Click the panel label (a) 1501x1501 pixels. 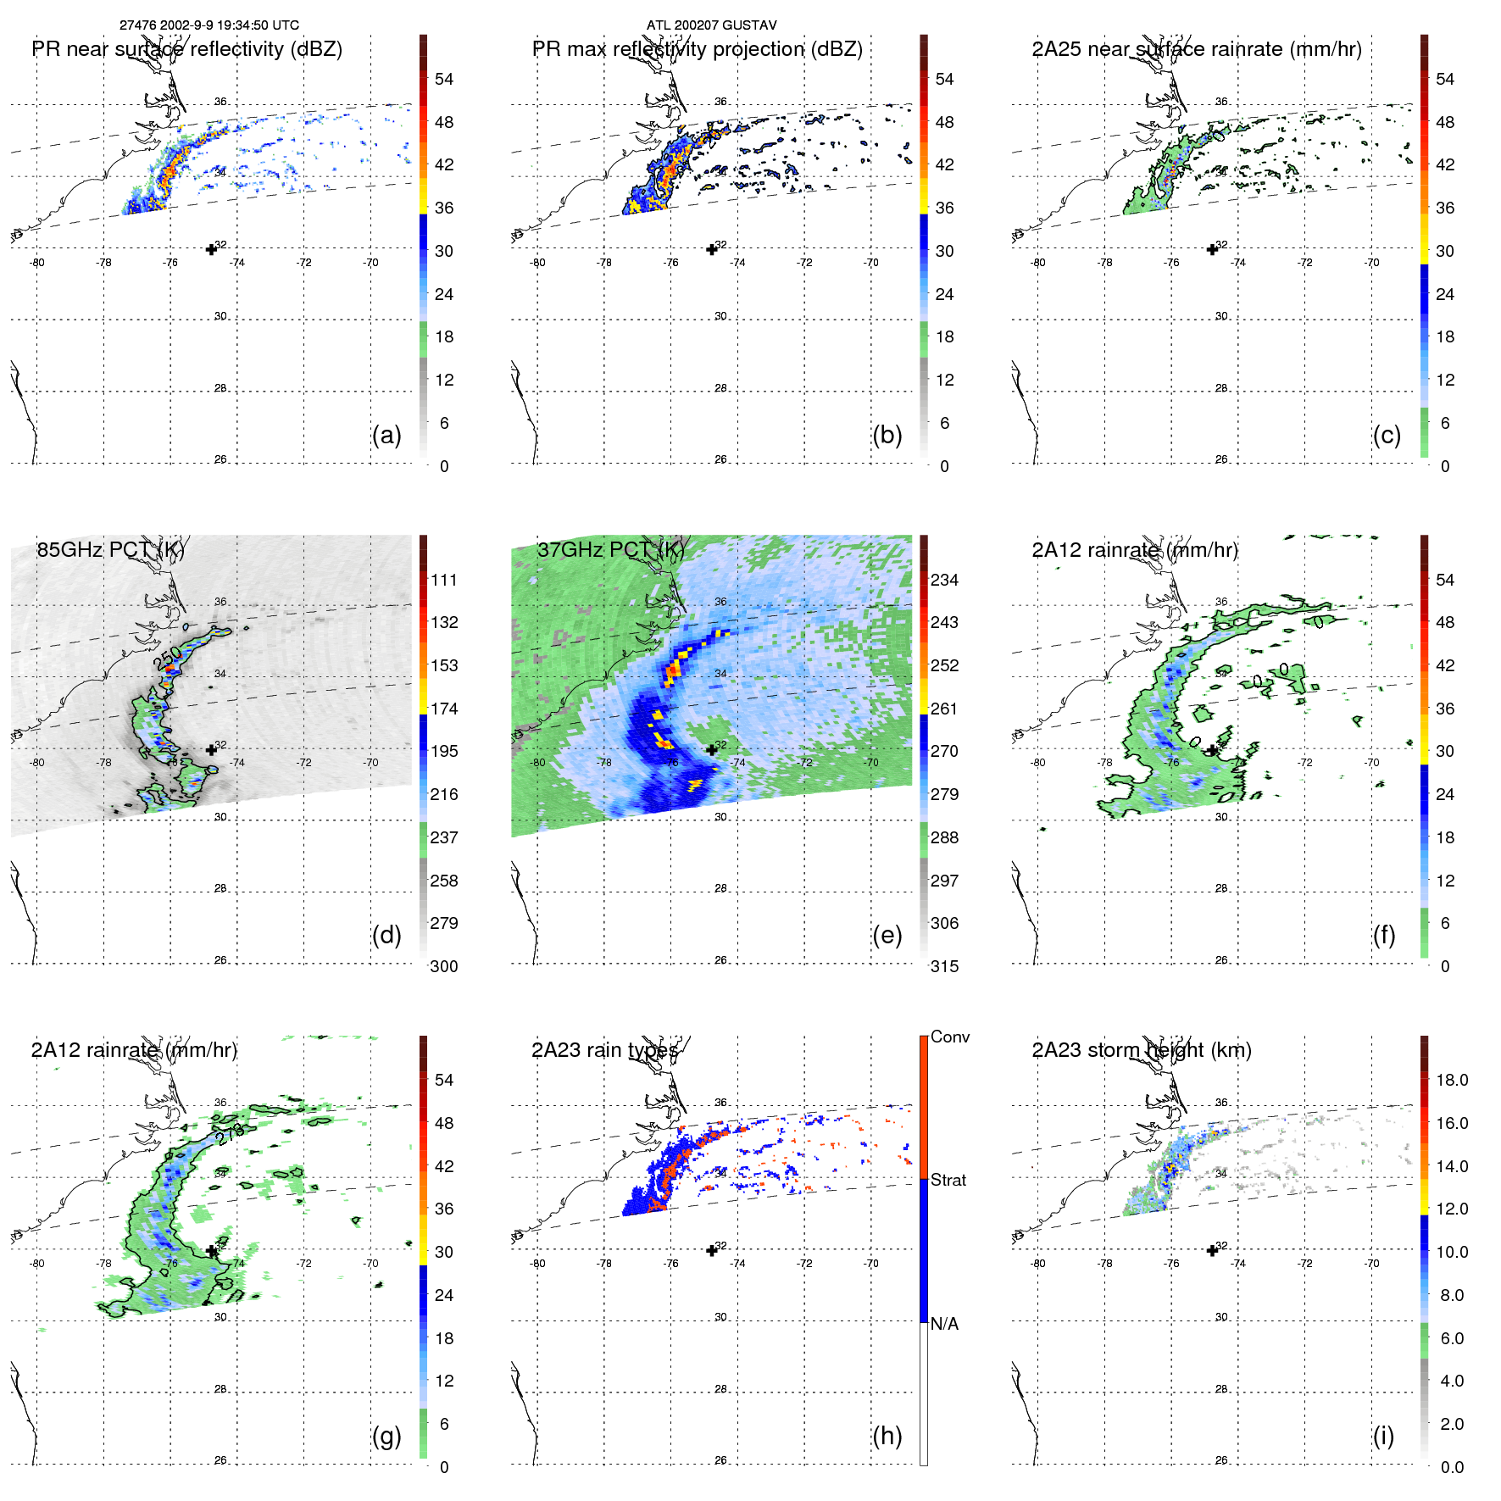coord(386,436)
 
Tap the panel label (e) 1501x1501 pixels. coord(887,936)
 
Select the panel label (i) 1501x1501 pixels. coord(1383,1437)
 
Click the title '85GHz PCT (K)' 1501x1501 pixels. coord(110,550)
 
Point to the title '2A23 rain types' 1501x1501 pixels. coord(605,1050)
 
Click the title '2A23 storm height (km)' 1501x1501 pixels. coord(1142,1050)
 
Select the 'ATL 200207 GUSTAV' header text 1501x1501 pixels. coord(711,25)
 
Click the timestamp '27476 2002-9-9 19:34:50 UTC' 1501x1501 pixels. coord(209,25)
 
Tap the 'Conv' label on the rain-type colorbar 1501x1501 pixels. coord(950,1037)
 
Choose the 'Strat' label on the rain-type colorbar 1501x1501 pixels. coord(948,1181)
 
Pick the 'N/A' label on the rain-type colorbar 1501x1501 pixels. coord(944,1324)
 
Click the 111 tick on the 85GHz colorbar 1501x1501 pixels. coord(444,581)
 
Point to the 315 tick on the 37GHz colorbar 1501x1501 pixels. coord(944,967)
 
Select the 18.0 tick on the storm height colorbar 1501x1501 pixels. coord(1452,1081)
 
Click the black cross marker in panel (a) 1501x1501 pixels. coord(211,249)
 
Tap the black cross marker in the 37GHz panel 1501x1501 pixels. coord(712,749)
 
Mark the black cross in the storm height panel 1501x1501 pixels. coord(1212,1250)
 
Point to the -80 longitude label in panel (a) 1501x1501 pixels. coord(37,263)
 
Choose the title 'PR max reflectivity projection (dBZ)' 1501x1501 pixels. coord(697,49)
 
